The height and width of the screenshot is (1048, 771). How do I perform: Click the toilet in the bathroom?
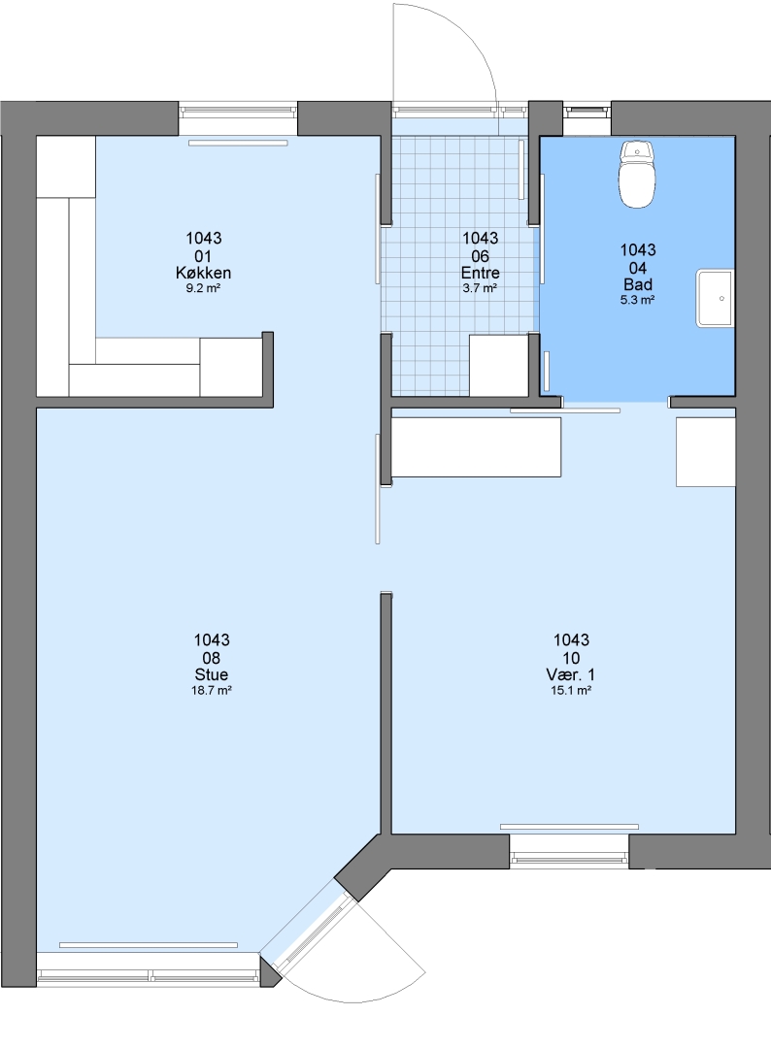[x=637, y=174]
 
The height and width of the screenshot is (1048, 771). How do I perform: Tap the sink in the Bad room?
[x=715, y=298]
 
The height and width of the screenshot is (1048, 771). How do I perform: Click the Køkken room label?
[x=203, y=273]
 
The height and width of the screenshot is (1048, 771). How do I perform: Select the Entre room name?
[x=480, y=273]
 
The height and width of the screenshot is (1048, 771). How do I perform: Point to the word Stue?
[x=212, y=674]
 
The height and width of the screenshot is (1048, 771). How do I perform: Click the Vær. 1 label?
[x=570, y=674]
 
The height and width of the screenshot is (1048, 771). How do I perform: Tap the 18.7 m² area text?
[x=212, y=691]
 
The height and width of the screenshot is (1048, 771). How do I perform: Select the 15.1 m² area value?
[x=570, y=691]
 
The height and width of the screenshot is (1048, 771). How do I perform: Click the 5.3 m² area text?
[x=637, y=300]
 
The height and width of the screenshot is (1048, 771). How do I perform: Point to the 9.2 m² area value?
[x=203, y=289]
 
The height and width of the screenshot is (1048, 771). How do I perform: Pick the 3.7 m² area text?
[x=480, y=289]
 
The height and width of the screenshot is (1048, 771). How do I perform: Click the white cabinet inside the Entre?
[x=499, y=365]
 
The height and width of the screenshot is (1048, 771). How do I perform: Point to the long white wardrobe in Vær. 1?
[x=476, y=447]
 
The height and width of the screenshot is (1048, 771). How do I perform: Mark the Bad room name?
[x=637, y=284]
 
